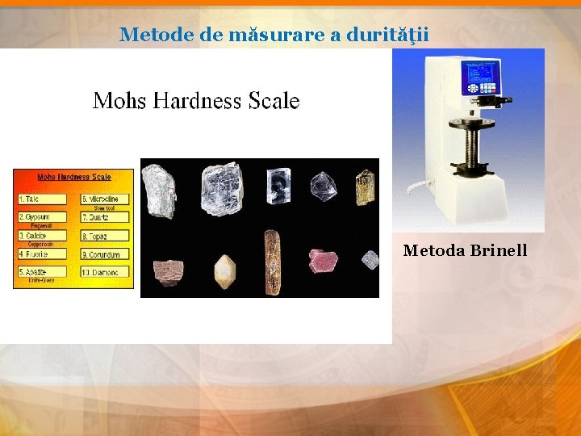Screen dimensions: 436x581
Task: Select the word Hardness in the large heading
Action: pos(190,101)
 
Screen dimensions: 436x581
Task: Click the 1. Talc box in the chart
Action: pos(44,199)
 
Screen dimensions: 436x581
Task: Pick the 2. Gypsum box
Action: pos(44,217)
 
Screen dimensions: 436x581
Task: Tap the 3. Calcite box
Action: pos(44,236)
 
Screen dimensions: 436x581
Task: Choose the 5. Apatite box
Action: pos(44,273)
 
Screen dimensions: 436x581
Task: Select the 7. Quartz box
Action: pos(105,217)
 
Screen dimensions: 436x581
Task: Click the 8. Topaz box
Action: pos(105,236)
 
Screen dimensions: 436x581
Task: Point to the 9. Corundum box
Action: pos(105,254)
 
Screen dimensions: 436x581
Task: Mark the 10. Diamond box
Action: pos(105,273)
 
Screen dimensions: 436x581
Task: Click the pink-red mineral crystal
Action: pos(323,260)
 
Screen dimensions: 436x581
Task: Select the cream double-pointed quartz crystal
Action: pos(224,271)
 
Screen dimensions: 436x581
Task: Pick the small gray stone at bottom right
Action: pos(369,260)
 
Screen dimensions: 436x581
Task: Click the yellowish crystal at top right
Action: pos(365,187)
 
